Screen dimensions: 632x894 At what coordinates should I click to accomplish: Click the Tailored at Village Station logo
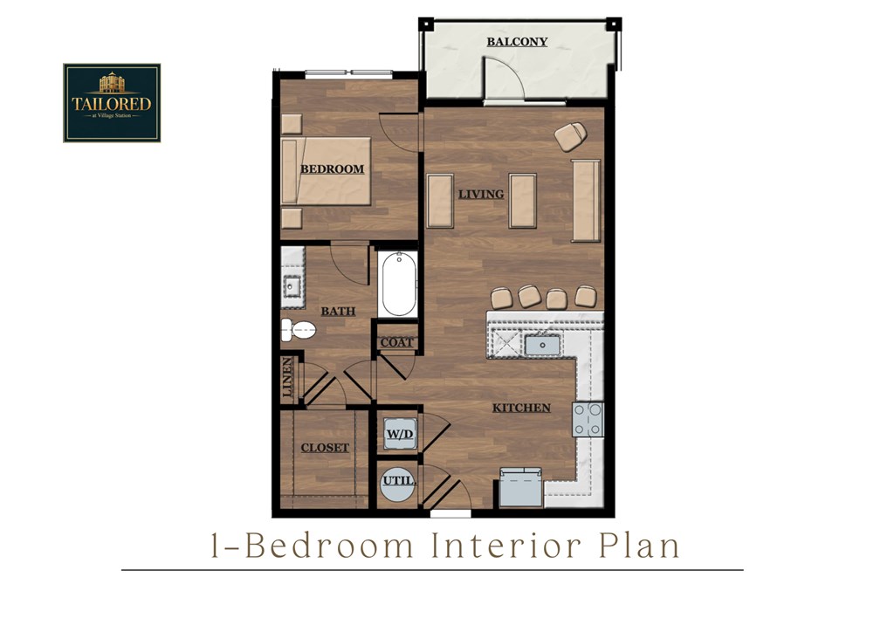(x=112, y=102)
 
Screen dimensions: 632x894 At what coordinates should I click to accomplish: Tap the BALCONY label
(x=517, y=41)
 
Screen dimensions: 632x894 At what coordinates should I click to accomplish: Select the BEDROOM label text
(x=332, y=169)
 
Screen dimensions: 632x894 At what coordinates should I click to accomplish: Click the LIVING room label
(x=481, y=194)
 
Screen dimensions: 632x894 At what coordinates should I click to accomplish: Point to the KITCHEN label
(x=521, y=408)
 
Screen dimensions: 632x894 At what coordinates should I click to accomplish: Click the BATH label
(x=336, y=311)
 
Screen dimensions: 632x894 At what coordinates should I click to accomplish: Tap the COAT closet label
(x=396, y=342)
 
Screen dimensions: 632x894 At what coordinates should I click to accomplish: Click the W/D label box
(x=397, y=431)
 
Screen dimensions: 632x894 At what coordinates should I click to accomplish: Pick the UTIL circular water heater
(x=397, y=482)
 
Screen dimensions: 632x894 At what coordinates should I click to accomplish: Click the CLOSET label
(x=325, y=448)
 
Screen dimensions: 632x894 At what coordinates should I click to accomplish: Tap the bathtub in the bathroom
(x=399, y=284)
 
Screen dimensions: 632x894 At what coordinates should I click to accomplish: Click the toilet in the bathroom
(x=298, y=330)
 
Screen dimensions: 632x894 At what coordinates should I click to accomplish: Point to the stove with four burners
(x=588, y=419)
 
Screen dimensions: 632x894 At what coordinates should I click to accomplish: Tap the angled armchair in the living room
(x=570, y=135)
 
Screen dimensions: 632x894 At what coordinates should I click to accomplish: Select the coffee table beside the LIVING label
(x=522, y=201)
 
